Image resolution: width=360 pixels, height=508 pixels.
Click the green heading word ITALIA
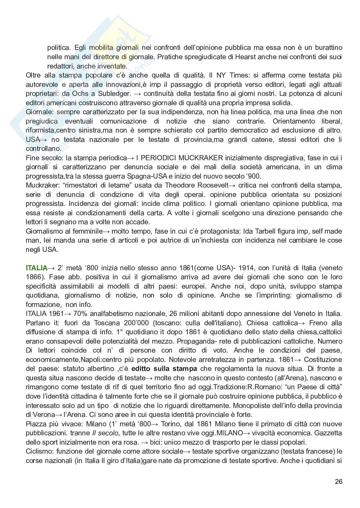(x=36, y=268)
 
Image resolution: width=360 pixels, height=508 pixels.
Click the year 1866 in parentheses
(x=33, y=277)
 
